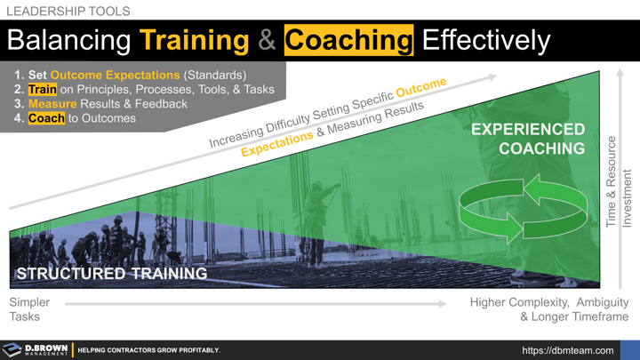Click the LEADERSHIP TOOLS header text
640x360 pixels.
[68, 12]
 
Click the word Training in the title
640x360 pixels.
[194, 41]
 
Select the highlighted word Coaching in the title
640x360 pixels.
[348, 41]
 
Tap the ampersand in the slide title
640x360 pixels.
[267, 41]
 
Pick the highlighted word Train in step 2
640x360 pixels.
[42, 90]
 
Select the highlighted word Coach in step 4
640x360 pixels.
[46, 118]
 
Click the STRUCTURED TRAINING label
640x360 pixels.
[112, 274]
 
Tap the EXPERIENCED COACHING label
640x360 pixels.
[529, 139]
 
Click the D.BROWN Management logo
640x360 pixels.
[36, 350]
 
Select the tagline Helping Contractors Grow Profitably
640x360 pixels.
[148, 350]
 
